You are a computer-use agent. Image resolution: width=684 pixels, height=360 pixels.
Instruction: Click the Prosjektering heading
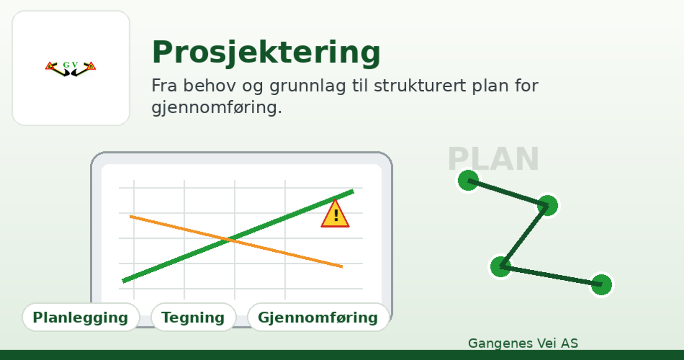pos(266,52)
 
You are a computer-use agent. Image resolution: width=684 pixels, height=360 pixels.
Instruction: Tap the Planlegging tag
pos(81,317)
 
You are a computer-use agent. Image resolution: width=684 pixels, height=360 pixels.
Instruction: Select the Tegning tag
pos(193,317)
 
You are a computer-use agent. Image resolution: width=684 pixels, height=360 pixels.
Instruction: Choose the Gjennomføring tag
pos(318,317)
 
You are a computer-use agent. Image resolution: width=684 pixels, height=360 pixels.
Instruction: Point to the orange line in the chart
pos(236,241)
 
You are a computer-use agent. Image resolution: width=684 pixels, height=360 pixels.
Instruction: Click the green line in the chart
pos(238,236)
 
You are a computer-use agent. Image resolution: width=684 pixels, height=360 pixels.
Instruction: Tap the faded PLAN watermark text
pos(494,159)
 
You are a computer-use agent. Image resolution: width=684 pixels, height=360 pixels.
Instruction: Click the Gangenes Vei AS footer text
pos(523,343)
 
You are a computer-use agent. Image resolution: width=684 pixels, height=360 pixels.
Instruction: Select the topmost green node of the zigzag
pos(468,180)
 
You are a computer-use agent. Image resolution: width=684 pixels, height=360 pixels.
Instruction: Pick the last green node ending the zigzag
pos(601,285)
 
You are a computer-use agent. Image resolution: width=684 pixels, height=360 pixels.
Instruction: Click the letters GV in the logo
pos(70,65)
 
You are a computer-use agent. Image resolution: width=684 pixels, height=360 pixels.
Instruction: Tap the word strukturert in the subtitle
pos(420,85)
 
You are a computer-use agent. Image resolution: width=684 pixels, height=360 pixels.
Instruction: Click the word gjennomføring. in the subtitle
pos(216,108)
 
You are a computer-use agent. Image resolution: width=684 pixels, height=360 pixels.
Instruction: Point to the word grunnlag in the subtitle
pos(308,86)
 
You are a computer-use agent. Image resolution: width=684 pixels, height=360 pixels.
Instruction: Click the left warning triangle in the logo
pos(50,66)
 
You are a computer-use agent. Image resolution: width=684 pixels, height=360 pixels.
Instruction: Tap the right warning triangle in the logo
pos(91,66)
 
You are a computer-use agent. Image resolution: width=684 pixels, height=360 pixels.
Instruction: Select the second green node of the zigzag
pos(547,205)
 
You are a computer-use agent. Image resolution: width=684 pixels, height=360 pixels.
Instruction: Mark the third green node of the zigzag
pos(500,267)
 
